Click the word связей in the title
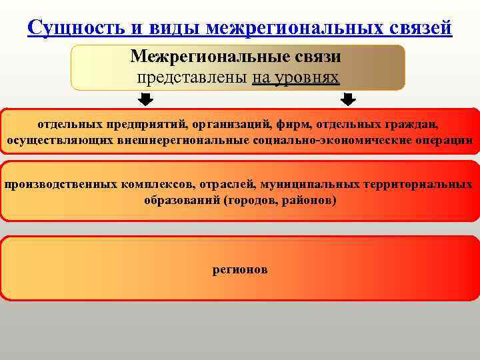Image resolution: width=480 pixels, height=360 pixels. [418, 29]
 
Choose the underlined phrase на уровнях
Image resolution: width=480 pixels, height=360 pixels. [295, 77]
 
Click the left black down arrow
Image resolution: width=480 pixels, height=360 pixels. [147, 100]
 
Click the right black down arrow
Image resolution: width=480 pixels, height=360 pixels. [348, 100]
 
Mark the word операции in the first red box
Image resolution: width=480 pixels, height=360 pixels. [448, 140]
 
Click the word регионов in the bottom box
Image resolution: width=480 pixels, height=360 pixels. [240, 270]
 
